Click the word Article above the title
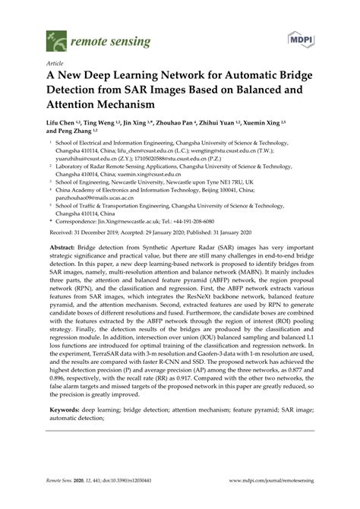pyautogui.click(x=55, y=65)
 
